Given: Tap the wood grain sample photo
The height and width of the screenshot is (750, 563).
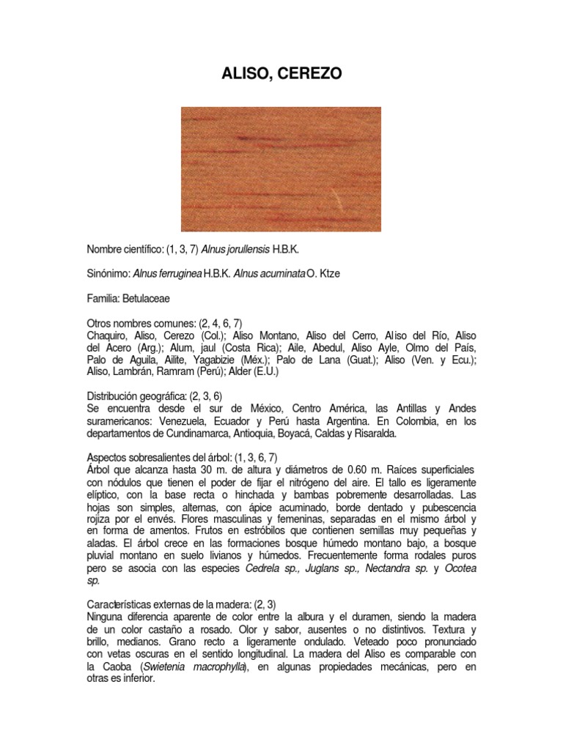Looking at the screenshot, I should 281,168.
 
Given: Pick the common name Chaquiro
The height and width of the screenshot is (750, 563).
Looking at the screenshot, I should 110,335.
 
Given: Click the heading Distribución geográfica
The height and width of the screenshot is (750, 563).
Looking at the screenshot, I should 139,396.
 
